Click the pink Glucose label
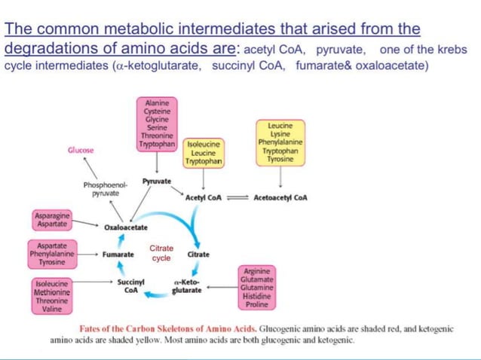tap(81, 150)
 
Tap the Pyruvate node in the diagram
tap(157, 182)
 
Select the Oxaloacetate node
tap(126, 227)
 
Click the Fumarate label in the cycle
tap(118, 255)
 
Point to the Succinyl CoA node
tap(130, 286)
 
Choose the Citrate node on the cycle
tap(198, 255)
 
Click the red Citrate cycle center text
tap(161, 253)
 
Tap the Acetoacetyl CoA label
tap(280, 197)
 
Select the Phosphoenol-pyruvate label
tap(106, 189)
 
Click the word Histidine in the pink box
tap(257, 296)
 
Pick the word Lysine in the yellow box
tap(280, 134)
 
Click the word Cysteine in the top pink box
tap(157, 111)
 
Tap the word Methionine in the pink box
tap(52, 292)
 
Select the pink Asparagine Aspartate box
tap(52, 220)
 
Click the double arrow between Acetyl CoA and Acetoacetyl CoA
tap(237, 198)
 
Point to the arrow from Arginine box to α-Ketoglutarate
tap(222, 288)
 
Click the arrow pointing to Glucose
tap(90, 168)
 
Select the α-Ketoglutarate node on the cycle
tap(187, 286)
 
